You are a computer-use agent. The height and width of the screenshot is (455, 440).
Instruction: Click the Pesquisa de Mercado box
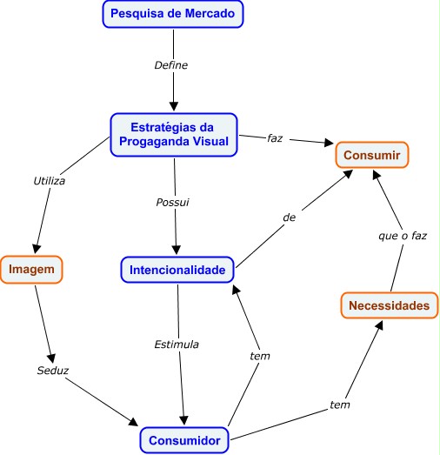pos(173,14)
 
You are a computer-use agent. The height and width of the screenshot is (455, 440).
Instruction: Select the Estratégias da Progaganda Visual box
pos(174,135)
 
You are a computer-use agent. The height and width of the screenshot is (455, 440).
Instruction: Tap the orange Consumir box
pos(372,155)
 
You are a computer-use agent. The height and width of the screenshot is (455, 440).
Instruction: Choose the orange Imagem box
pos(31,270)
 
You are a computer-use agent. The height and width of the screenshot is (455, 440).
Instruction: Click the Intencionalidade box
pos(177,270)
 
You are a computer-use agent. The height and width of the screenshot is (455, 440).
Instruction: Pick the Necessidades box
pos(390,305)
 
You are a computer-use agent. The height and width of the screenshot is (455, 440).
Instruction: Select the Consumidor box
pos(184,440)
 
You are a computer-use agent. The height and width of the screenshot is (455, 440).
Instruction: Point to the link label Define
pos(171,65)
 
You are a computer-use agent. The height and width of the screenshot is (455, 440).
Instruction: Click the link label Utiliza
pos(50,181)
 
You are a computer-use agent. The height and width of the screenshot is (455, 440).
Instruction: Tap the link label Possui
pos(172,202)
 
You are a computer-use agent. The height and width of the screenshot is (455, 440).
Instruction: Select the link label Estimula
pos(177,345)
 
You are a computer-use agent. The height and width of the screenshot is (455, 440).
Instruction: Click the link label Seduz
pos(53,371)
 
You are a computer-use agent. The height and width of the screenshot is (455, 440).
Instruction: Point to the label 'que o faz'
pos(403,236)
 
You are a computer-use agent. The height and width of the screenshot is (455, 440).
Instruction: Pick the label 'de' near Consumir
pos(290,217)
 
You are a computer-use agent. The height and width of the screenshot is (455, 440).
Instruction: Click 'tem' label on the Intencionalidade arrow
pos(260,356)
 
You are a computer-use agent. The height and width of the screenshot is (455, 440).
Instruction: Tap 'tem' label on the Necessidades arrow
pos(340,405)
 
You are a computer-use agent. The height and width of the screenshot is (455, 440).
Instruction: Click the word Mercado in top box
pos(210,13)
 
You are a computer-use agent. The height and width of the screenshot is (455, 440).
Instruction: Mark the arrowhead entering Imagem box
pos(37,249)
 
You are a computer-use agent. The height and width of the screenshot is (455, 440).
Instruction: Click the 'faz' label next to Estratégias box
pos(275,138)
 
